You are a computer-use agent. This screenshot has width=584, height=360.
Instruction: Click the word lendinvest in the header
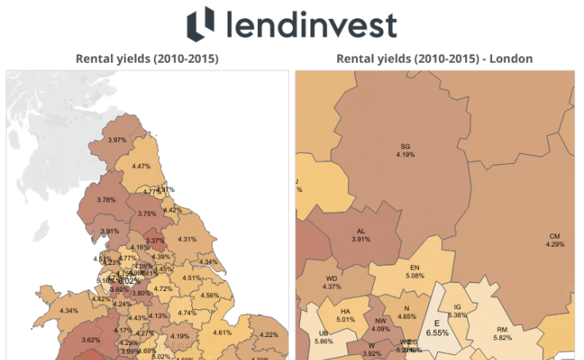click(311, 25)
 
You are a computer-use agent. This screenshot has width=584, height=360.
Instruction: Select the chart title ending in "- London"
click(434, 59)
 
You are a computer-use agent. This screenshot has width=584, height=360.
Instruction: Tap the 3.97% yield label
click(117, 140)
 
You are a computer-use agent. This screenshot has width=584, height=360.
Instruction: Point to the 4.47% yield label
click(142, 167)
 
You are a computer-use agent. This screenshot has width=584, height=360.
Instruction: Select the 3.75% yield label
click(147, 214)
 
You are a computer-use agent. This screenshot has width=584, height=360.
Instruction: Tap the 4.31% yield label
click(187, 239)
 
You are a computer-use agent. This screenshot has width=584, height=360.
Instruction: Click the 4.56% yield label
click(209, 296)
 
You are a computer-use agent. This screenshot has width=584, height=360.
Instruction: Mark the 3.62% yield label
click(90, 340)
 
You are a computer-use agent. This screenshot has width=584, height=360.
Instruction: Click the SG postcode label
click(405, 146)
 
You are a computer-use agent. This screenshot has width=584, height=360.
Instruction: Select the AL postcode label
click(360, 232)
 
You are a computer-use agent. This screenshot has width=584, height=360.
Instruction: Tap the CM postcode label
click(554, 236)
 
